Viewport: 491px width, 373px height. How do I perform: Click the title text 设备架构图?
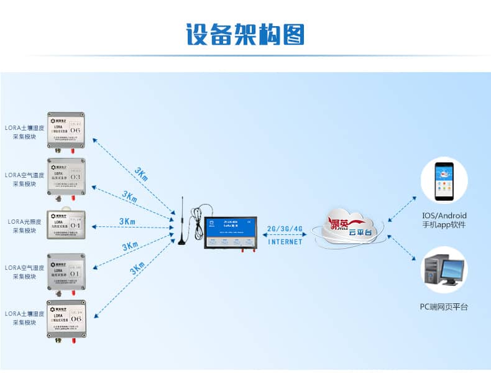click(245, 34)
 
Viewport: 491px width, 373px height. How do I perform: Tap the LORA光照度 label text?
click(25, 221)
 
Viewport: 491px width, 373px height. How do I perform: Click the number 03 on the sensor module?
click(75, 177)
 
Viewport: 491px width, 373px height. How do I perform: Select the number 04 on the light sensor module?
click(75, 226)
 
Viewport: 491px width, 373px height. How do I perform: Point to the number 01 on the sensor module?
click(75, 273)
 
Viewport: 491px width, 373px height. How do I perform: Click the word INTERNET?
click(285, 242)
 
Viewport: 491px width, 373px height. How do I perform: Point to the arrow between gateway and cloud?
click(285, 236)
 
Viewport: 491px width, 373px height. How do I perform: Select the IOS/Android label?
click(444, 216)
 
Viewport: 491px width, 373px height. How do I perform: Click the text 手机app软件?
click(444, 225)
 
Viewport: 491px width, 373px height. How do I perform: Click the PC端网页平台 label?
click(444, 306)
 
